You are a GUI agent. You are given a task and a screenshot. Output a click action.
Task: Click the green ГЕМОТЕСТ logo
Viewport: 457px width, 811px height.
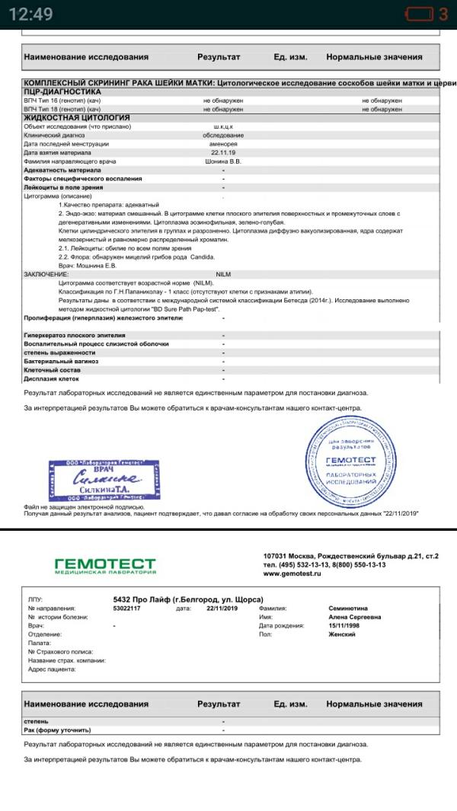(x=105, y=565)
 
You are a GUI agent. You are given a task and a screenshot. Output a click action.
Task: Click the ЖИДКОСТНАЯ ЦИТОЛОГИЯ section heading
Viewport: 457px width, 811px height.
(x=66, y=118)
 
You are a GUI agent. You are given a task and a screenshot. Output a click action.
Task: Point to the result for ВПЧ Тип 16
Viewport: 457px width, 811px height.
(x=223, y=101)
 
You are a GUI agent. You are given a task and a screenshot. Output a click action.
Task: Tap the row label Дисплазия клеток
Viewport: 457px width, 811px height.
(x=52, y=378)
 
